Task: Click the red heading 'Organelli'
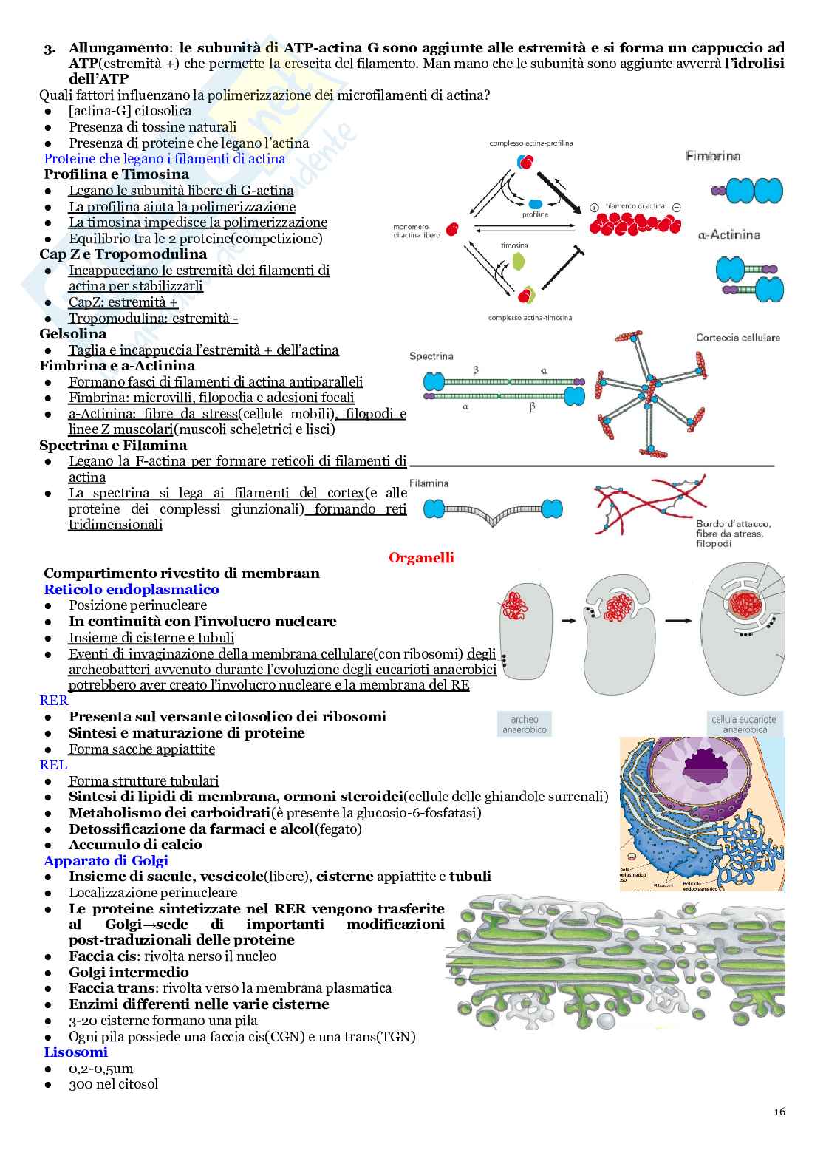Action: pyautogui.click(x=421, y=558)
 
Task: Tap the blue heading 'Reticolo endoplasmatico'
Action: pyautogui.click(x=132, y=589)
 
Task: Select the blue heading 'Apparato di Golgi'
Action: pyautogui.click(x=106, y=860)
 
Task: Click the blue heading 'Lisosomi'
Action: pyautogui.click(x=75, y=1052)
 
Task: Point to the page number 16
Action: pyautogui.click(x=779, y=1112)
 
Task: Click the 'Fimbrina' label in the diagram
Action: pyautogui.click(x=713, y=156)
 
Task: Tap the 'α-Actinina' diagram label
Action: pyautogui.click(x=728, y=235)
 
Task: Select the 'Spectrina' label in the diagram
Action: pyautogui.click(x=431, y=356)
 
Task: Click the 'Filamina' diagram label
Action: pyautogui.click(x=429, y=483)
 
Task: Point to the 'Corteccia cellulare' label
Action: pyautogui.click(x=737, y=338)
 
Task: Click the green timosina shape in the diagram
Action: pyautogui.click(x=519, y=261)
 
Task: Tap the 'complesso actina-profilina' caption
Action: pyautogui.click(x=530, y=143)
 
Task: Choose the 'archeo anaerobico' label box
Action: pyautogui.click(x=525, y=724)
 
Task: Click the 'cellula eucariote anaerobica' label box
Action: pyautogui.click(x=744, y=724)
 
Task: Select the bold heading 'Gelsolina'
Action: pyautogui.click(x=73, y=334)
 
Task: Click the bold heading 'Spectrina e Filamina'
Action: pyautogui.click(x=113, y=445)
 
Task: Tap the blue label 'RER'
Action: pyautogui.click(x=54, y=701)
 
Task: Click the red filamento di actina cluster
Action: pyautogui.click(x=634, y=222)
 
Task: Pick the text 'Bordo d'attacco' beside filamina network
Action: pyautogui.click(x=732, y=523)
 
